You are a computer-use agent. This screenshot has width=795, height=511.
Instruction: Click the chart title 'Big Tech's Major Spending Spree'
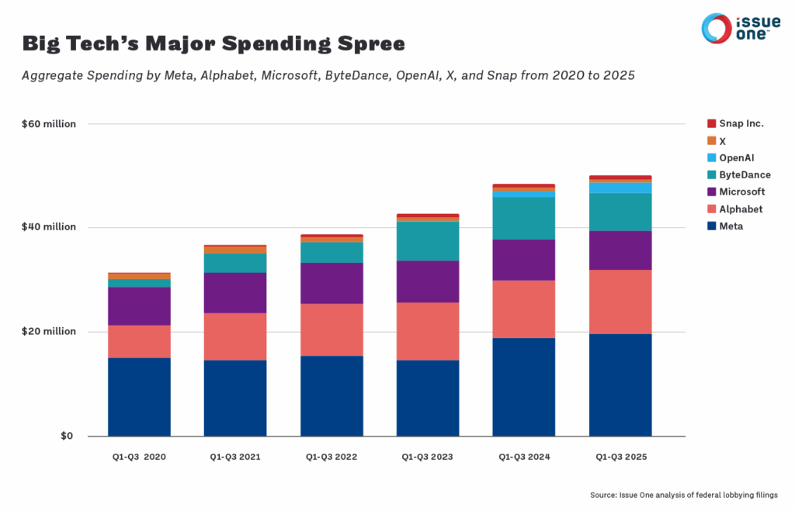214,43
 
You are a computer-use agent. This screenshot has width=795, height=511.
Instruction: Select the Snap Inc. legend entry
735,123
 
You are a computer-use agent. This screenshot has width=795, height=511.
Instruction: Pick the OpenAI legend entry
731,158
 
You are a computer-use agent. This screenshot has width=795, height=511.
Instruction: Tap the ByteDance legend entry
739,174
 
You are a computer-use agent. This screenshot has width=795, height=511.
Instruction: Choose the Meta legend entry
725,226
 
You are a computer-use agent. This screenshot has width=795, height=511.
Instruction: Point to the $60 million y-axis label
49,124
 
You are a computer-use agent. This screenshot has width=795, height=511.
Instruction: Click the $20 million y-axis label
49,331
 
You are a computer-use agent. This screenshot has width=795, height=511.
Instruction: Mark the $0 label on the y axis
67,436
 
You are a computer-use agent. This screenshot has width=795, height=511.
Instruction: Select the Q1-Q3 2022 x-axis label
332,457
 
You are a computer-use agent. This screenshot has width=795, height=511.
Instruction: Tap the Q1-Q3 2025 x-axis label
621,457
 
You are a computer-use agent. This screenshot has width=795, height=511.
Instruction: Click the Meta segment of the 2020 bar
140,397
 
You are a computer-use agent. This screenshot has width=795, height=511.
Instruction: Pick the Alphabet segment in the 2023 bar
428,331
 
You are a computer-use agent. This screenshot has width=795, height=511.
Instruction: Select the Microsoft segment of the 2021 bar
235,293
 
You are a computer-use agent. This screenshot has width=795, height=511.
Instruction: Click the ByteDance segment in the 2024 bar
524,218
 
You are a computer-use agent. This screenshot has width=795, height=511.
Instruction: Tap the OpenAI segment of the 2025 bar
620,188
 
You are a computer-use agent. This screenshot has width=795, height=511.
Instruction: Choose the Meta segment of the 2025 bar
620,385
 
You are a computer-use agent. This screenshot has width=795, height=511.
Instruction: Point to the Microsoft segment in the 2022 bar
332,283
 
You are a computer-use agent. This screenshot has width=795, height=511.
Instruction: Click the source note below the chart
683,495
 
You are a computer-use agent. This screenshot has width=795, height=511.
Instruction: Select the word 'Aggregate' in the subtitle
53,75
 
